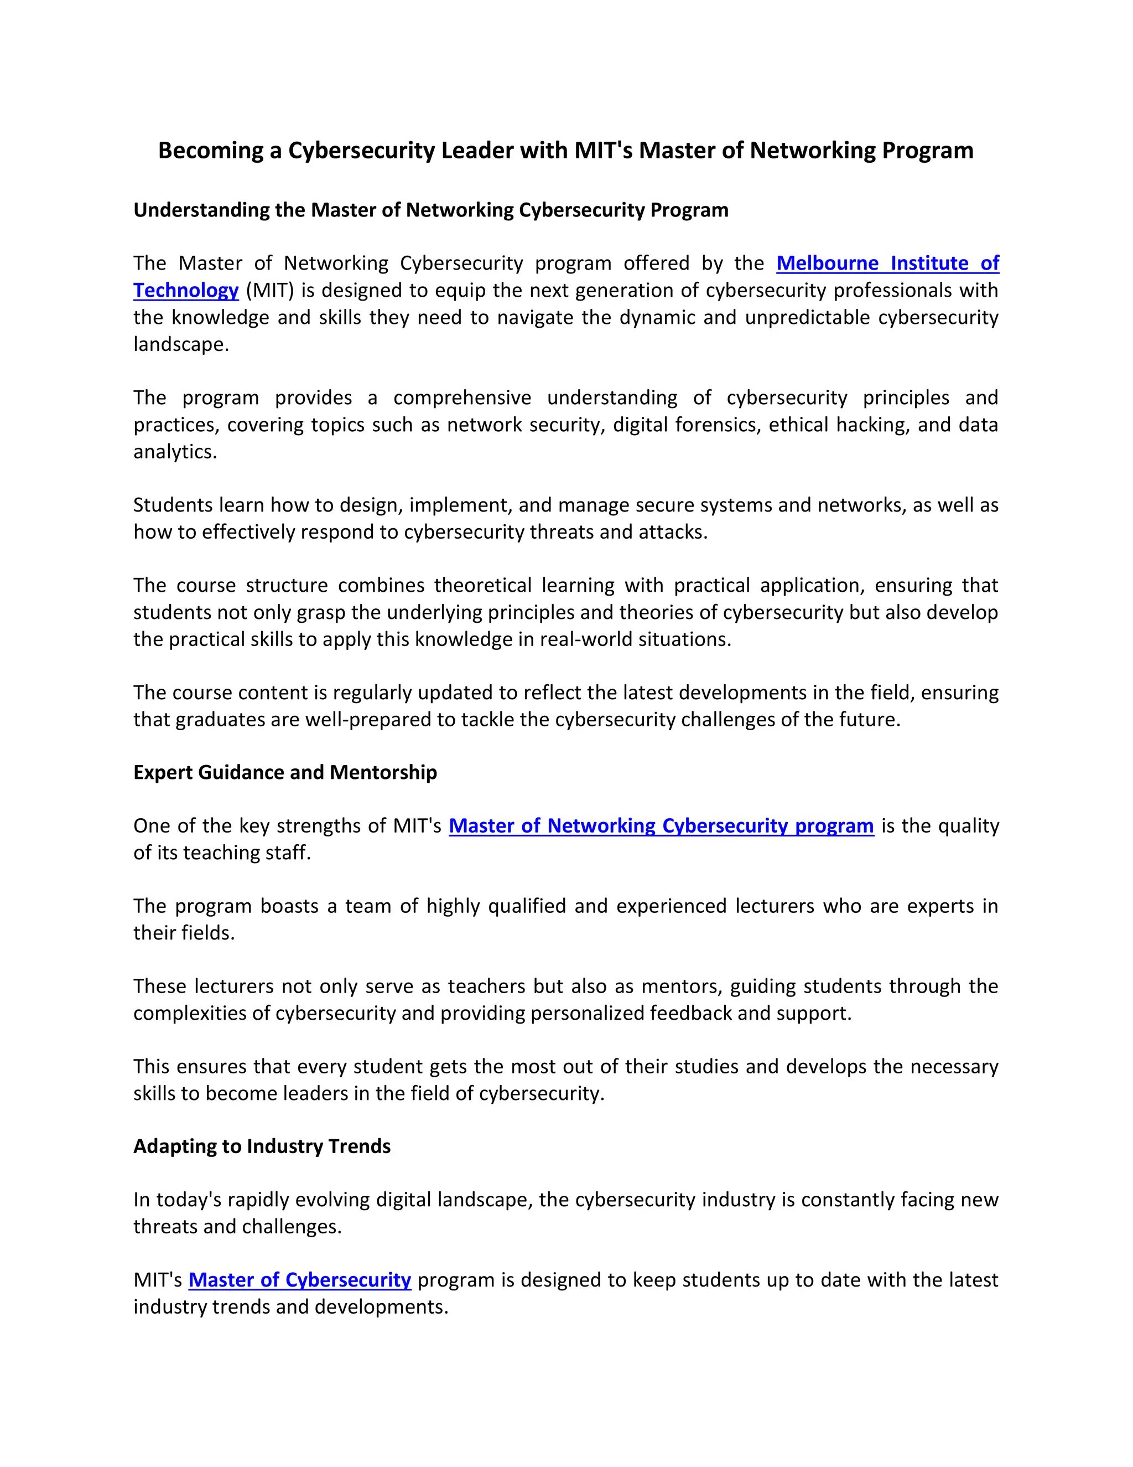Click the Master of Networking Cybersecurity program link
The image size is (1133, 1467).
[x=661, y=825]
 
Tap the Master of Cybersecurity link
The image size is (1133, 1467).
[x=299, y=1279]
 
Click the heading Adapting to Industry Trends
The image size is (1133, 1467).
[x=262, y=1146]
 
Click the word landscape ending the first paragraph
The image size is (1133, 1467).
[x=179, y=344]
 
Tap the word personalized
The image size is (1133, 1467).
[x=588, y=1013]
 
